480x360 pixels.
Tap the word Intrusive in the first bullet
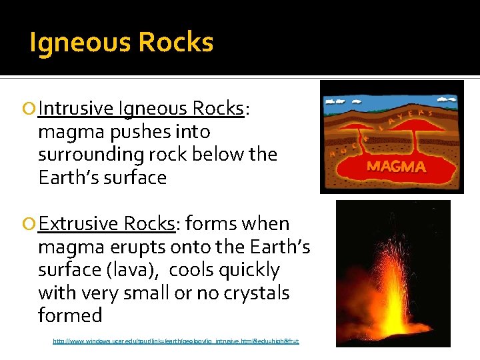pyautogui.click(x=76, y=108)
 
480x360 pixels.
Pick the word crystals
pyautogui.click(x=255, y=293)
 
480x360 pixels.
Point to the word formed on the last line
pyautogui.click(x=70, y=315)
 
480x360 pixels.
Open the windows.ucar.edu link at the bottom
pyautogui.click(x=176, y=341)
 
